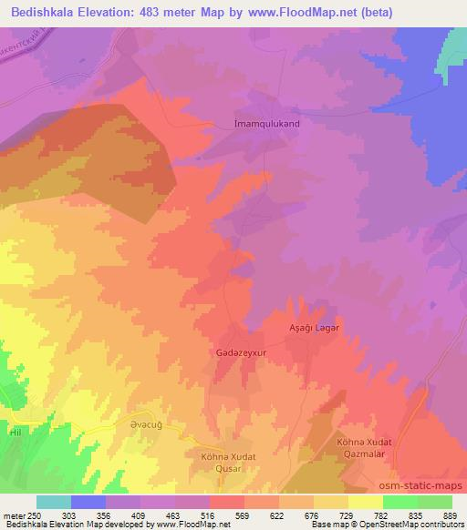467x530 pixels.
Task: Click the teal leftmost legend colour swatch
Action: (54, 502)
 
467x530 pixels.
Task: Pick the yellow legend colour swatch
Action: (366, 502)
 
